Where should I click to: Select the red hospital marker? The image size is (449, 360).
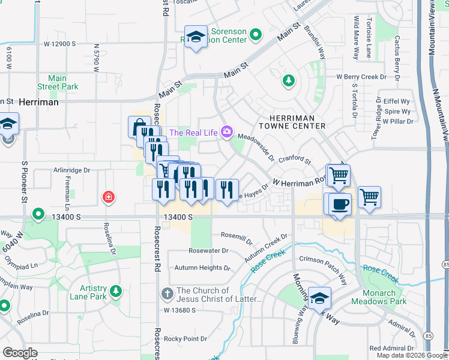(x=109, y=196)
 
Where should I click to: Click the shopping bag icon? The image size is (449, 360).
(x=139, y=127)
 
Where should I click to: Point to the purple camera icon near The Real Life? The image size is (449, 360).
(x=226, y=131)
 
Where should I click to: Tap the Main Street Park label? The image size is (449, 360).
(x=58, y=83)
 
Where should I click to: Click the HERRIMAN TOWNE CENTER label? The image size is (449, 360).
(x=292, y=122)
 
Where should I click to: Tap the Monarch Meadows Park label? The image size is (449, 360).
(x=379, y=298)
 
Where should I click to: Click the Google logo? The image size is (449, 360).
(x=20, y=352)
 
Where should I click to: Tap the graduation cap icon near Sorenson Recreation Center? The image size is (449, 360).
(x=196, y=37)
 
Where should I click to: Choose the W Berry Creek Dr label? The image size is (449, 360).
(x=367, y=77)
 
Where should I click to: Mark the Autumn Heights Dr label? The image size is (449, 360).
(x=202, y=268)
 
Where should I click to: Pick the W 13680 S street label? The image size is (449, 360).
(x=180, y=310)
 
